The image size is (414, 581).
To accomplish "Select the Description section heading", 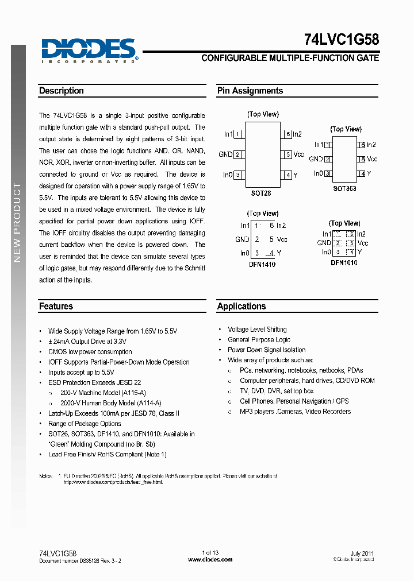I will [62, 91].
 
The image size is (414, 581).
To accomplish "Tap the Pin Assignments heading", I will [250, 91].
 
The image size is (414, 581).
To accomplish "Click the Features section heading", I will [56, 307].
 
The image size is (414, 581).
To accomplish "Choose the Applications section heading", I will [241, 307].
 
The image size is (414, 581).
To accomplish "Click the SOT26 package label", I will [261, 194].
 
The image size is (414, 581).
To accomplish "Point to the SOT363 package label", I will [344, 188].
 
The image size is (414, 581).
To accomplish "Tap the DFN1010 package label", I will [344, 263].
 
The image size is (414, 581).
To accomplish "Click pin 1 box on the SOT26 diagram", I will [237, 134].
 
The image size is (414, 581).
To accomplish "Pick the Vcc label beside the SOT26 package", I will [299, 154].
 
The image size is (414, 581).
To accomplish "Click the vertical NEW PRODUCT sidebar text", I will [17, 223].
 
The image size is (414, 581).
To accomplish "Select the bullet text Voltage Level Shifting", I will [257, 330].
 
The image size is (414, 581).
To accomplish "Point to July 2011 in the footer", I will [362, 553].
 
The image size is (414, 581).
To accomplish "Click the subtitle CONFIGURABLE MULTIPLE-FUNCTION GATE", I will [290, 58].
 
